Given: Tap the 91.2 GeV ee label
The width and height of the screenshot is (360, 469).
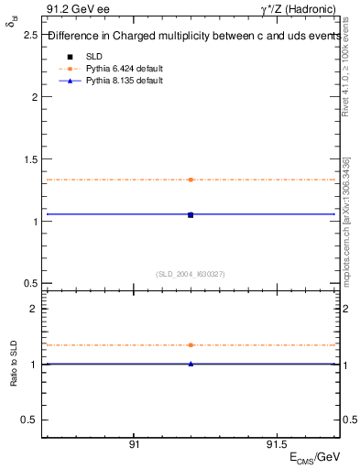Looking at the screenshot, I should pyautogui.click(x=70, y=10).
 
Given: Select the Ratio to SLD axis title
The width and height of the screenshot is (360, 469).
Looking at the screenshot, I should pyautogui.click(x=13, y=377).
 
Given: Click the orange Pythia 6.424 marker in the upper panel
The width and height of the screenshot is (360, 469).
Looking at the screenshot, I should pyautogui.click(x=191, y=180).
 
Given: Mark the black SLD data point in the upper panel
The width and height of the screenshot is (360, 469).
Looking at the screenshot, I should pyautogui.click(x=191, y=214).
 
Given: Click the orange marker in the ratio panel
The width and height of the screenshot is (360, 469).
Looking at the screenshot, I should pyautogui.click(x=191, y=345).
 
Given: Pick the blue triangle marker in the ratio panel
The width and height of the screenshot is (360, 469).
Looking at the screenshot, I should pyautogui.click(x=191, y=364).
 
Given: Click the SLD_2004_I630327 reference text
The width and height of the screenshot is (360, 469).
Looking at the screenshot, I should pyautogui.click(x=191, y=274).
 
